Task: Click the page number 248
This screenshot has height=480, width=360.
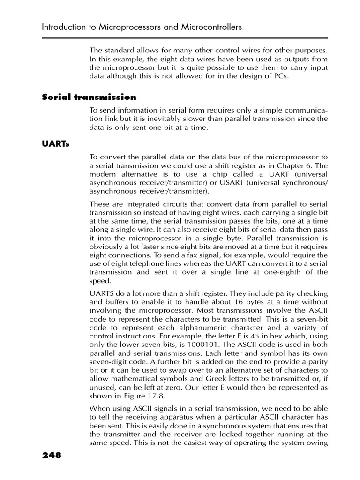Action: coord(52,455)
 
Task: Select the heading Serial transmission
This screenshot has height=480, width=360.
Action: coord(89,97)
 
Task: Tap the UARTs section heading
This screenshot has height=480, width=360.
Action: coord(55,144)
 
